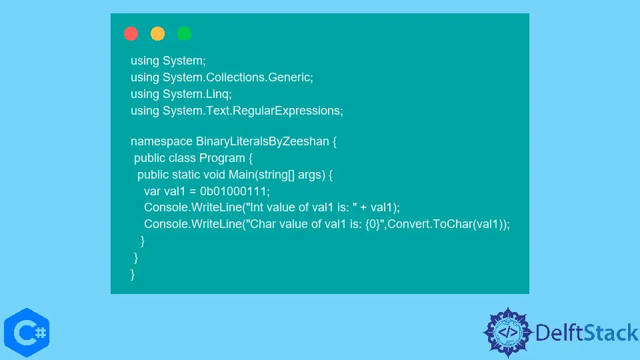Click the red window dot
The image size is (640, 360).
point(131,33)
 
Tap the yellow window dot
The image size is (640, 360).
point(157,33)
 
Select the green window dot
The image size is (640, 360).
point(184,33)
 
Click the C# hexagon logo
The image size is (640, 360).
point(27,333)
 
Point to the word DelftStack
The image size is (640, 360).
point(587,333)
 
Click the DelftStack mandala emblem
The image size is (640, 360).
point(508,333)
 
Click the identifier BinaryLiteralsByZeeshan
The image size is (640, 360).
point(262,141)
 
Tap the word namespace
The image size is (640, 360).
point(161,141)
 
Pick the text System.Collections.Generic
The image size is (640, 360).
point(236,77)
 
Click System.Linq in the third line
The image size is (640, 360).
point(195,94)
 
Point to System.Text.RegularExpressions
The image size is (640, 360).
point(251,111)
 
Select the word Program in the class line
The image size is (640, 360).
point(222,158)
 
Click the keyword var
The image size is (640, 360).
point(152,191)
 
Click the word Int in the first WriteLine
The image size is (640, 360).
point(256,207)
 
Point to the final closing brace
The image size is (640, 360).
point(133,274)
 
